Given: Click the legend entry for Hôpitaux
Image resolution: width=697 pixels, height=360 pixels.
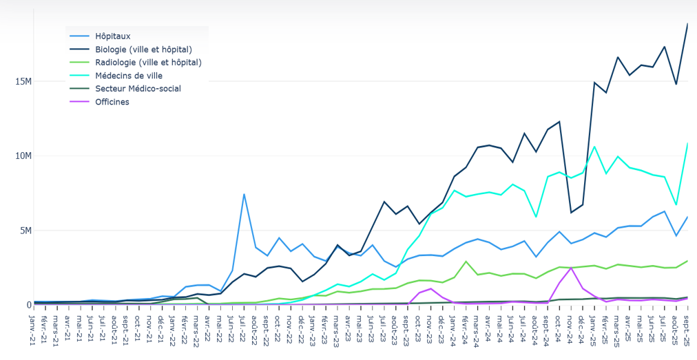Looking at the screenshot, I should [112, 36].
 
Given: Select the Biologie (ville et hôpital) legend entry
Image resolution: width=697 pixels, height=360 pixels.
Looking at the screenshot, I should [143, 49].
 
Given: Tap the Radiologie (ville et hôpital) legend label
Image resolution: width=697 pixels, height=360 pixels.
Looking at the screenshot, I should [148, 62].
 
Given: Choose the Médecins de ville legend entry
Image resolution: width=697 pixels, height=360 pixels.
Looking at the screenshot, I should [129, 76].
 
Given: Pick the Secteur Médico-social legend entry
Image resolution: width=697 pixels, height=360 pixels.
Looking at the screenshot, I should [138, 89].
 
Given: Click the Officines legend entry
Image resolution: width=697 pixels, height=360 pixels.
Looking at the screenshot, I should [112, 102].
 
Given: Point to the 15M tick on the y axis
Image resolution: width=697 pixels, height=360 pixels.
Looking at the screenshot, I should [23, 81].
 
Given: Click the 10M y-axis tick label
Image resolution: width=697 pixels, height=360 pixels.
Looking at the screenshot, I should [23, 156].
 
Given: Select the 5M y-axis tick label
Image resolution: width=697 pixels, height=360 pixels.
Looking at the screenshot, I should [25, 231].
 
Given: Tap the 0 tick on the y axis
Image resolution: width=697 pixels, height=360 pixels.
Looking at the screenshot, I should [29, 305].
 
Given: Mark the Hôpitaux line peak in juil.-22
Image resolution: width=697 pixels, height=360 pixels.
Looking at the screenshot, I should [244, 194].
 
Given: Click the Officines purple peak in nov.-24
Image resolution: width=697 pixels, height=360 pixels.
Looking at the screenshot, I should [571, 268].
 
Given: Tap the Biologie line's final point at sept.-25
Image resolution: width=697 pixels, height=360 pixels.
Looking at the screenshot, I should [687, 24].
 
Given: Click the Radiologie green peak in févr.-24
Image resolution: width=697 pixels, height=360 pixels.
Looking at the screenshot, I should [466, 262].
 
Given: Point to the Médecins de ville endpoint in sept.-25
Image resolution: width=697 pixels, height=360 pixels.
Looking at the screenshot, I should [687, 144].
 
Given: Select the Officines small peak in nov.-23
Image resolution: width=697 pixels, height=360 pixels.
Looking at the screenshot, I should [431, 288].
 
